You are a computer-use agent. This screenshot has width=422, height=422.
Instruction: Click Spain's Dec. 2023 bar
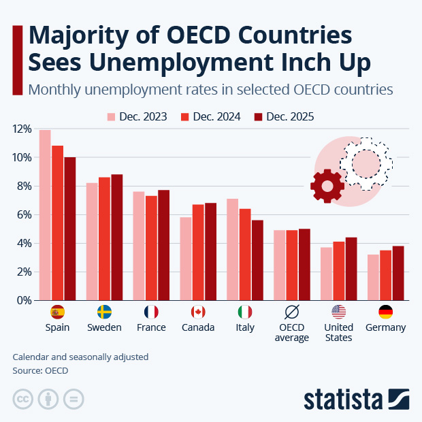(x=45, y=214)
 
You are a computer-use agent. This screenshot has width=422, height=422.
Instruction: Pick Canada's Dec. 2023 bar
(x=186, y=258)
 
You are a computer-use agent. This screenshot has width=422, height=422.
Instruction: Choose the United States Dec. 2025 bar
(x=351, y=268)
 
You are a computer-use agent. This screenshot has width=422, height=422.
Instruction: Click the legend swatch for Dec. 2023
(x=112, y=116)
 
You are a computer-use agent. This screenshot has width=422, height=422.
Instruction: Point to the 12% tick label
(x=22, y=129)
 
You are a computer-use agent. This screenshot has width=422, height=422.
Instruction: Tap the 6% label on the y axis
(x=24, y=214)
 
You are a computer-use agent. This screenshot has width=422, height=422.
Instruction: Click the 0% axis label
(x=24, y=300)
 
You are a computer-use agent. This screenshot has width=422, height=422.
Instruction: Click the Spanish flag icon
(x=57, y=312)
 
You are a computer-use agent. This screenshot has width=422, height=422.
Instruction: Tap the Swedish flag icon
(x=104, y=312)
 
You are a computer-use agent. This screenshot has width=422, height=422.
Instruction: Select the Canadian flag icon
(x=198, y=312)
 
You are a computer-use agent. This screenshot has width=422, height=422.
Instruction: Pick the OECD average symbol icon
(x=292, y=312)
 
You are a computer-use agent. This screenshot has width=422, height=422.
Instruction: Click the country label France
(x=151, y=327)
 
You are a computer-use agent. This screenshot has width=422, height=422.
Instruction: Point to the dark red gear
(x=327, y=186)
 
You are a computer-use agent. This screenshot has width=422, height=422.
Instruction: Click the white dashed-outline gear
(x=366, y=163)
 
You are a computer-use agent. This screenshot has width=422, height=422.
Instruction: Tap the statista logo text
(x=344, y=398)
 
